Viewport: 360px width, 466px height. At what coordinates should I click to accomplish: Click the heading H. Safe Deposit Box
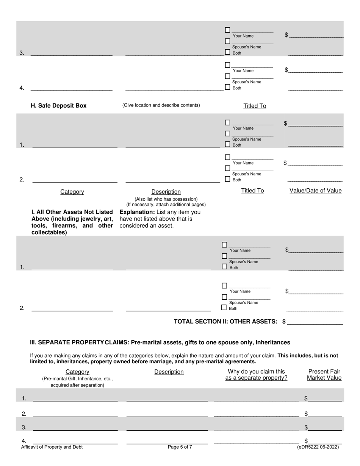pos(58,106)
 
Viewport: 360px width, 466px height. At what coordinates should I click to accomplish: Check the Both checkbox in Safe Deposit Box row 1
pos(227,144)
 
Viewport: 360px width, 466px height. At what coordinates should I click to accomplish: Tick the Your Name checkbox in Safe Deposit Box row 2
pos(227,157)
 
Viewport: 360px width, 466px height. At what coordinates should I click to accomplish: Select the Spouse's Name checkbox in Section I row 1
pos(224,256)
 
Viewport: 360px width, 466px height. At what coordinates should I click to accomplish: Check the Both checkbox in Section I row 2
pos(224,308)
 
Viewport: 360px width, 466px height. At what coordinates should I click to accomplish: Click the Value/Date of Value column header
pos(315,191)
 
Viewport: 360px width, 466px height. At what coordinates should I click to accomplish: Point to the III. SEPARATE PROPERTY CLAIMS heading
pos(160,342)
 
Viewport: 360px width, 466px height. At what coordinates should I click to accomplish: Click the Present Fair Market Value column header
pos(324,375)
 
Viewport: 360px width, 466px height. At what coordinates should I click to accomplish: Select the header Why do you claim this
pos(256,372)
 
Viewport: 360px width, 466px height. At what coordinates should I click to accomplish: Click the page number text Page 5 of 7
pos(180,447)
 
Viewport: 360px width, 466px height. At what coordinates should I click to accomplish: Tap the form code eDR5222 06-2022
pos(318,447)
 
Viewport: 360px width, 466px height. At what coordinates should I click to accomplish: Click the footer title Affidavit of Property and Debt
pos(52,447)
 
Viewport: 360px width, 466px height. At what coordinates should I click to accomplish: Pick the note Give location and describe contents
pos(161,105)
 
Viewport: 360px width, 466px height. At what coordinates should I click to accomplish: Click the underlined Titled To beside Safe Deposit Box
pos(255,106)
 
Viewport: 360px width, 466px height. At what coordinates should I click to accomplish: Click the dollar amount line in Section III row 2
pos(325,414)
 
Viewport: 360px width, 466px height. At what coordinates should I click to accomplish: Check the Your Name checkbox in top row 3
pos(227,30)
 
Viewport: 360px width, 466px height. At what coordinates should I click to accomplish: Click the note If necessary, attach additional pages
pos(166,205)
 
